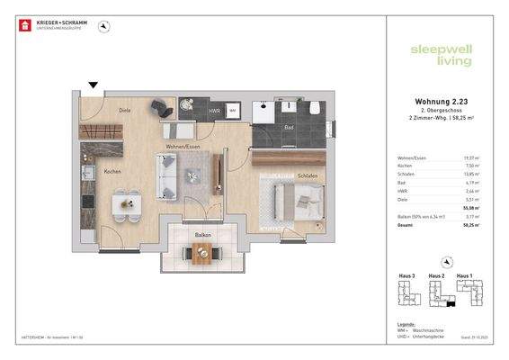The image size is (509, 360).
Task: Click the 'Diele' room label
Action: pos(126,110)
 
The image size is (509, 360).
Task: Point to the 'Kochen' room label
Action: pos(112,171)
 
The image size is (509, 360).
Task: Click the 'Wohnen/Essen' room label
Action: pos(182,145)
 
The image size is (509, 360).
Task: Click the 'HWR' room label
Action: pos(213,111)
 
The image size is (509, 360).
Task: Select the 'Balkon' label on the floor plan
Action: pos(203,234)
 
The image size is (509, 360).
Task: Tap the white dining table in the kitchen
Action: pos(126,203)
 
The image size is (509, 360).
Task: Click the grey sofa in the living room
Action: pos(166,175)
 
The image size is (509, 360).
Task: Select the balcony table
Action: pos(204,253)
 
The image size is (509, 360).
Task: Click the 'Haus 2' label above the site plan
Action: pos(437,275)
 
